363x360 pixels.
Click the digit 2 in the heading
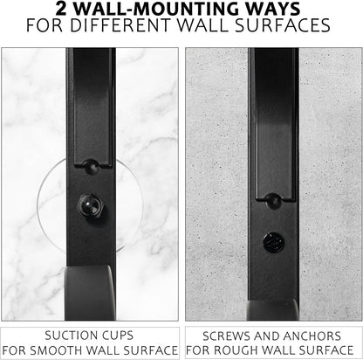[x=61, y=9]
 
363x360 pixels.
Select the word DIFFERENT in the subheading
[x=120, y=25]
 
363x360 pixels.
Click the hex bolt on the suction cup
[x=91, y=206]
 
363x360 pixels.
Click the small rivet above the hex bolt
[x=91, y=166]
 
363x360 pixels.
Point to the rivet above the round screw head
[x=274, y=200]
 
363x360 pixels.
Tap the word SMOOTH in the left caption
[x=55, y=350]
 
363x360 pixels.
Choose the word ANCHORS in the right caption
[x=312, y=336]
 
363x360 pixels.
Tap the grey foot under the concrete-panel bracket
[x=273, y=311]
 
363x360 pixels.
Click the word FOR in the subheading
[x=45, y=25]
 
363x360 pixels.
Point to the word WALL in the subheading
[x=202, y=25]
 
